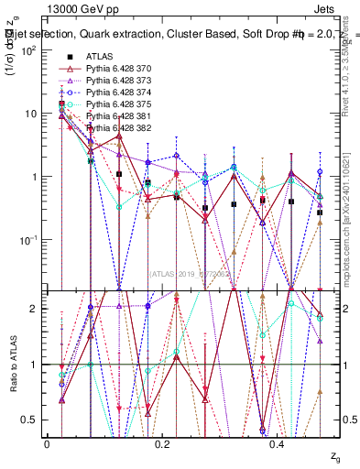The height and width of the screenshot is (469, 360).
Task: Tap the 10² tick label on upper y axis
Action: (x=30, y=50)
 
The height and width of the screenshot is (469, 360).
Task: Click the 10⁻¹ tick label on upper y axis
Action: (x=30, y=240)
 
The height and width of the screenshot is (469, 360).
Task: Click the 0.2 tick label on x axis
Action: (x=163, y=442)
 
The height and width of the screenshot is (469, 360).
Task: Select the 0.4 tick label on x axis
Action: (x=279, y=442)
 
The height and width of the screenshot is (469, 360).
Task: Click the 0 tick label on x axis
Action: (x=47, y=442)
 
